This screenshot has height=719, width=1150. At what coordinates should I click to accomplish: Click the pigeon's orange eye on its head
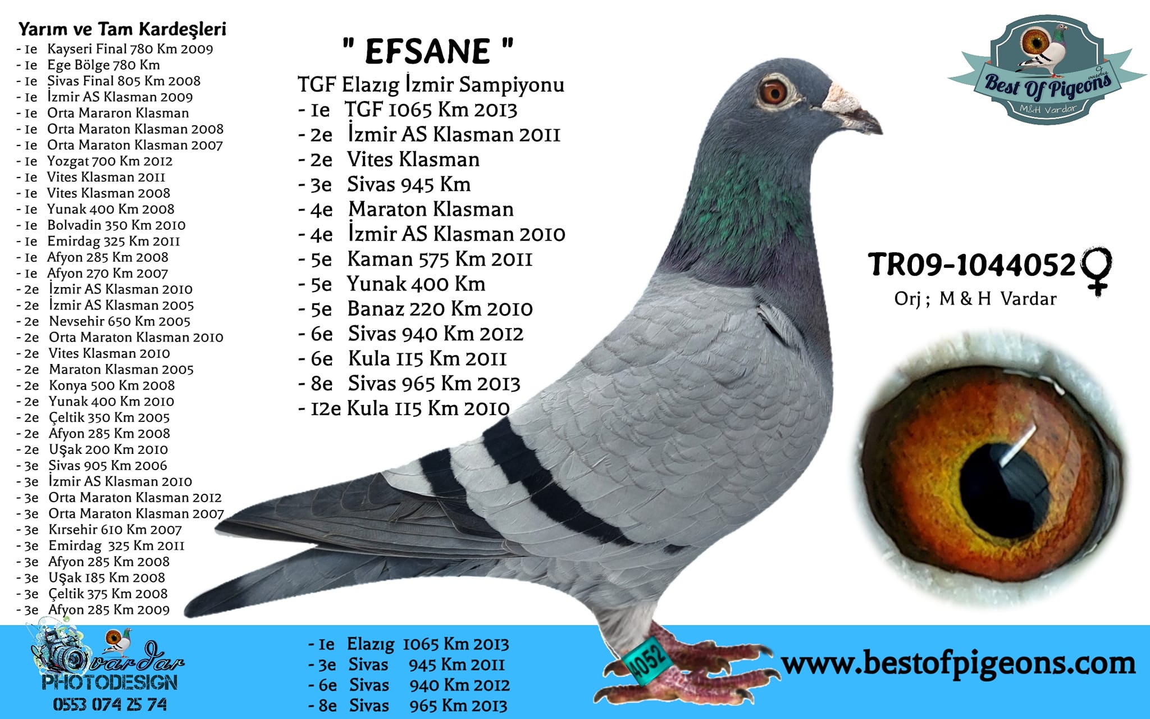coord(773,92)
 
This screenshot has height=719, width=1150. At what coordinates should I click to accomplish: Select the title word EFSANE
coord(428,51)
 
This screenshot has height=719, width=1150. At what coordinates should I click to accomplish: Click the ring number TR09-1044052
coord(971,265)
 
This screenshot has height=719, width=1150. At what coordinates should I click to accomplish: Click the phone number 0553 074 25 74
coord(110,704)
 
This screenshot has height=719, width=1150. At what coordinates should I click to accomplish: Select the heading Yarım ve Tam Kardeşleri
coord(122,29)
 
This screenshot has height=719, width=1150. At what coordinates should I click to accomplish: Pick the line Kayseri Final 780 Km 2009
coord(130,49)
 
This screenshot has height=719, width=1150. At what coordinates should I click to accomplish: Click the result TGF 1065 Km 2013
coord(431,110)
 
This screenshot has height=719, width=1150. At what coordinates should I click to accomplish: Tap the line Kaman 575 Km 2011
coord(440,259)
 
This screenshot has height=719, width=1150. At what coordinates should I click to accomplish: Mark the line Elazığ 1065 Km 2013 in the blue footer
coord(428,644)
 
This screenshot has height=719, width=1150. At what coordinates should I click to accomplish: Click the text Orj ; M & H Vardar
coord(975,299)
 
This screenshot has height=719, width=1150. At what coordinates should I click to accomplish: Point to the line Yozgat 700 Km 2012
coord(109,161)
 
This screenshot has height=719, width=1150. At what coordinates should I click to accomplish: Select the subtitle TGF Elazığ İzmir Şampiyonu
coord(431,85)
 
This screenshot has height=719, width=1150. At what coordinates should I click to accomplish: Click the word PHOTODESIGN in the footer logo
coord(110,682)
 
